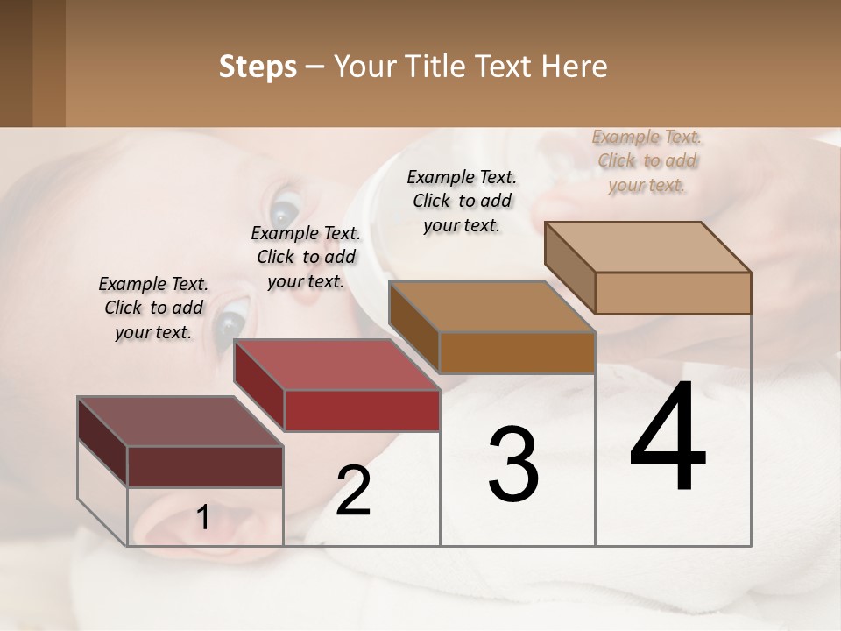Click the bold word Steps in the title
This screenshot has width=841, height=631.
click(x=258, y=67)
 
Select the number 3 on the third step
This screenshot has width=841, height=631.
click(x=513, y=464)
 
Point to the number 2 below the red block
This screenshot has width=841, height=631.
click(x=353, y=491)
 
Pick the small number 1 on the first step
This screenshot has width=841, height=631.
click(x=202, y=518)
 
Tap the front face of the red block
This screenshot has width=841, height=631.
click(x=362, y=410)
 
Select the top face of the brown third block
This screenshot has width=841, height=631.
click(x=491, y=308)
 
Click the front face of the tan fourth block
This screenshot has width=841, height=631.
click(x=673, y=293)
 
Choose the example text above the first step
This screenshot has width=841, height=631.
click(x=153, y=308)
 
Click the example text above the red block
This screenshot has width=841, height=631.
click(x=306, y=257)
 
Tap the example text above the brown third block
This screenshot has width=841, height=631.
click(x=462, y=201)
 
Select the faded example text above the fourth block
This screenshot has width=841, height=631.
click(x=647, y=160)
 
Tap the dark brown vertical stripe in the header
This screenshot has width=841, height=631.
click(x=48, y=63)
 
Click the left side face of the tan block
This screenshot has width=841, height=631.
click(x=569, y=266)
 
